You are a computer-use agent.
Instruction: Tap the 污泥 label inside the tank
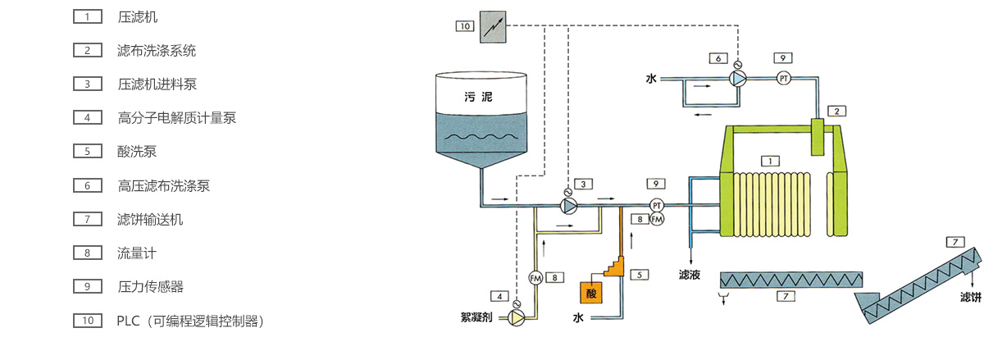pyautogui.click(x=479, y=97)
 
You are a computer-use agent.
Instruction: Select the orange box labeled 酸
pyautogui.click(x=590, y=293)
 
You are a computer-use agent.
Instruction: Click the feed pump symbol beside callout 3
pyautogui.click(x=567, y=204)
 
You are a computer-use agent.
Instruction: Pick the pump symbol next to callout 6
pyautogui.click(x=738, y=79)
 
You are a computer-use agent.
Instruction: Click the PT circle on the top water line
pyautogui.click(x=783, y=79)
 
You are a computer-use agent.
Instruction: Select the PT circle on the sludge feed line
pyautogui.click(x=657, y=204)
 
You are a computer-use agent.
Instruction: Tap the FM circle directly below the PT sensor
pyautogui.click(x=657, y=219)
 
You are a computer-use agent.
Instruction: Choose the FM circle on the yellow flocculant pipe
pyautogui.click(x=536, y=277)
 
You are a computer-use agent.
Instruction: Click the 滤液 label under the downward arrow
pyautogui.click(x=690, y=275)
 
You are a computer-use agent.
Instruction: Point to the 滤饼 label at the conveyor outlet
pyautogui.click(x=970, y=296)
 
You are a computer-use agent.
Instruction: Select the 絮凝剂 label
pyautogui.click(x=478, y=317)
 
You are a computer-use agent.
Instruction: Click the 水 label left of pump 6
pyautogui.click(x=652, y=79)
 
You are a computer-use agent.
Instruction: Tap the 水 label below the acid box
pyautogui.click(x=578, y=317)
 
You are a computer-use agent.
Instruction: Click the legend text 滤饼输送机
pyautogui.click(x=151, y=219)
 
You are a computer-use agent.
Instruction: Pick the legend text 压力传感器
pyautogui.click(x=151, y=286)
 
